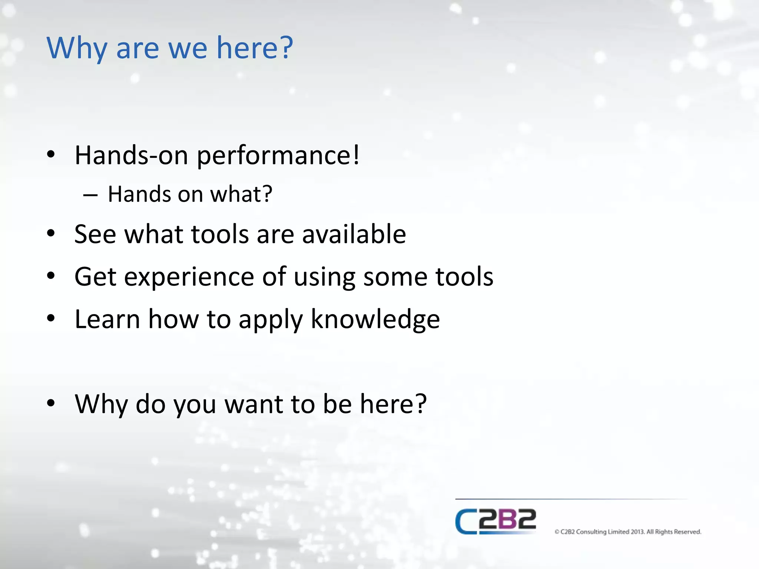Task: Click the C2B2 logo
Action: pos(495,521)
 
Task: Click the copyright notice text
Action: pos(627,532)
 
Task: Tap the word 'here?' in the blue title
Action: pos(255,48)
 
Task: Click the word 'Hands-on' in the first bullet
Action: pos(131,156)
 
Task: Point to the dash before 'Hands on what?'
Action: pos(90,195)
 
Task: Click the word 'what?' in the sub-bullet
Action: pos(241,194)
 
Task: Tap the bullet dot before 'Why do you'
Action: pos(51,403)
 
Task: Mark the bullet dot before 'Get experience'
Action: pos(51,276)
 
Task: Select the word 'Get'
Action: pos(95,277)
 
